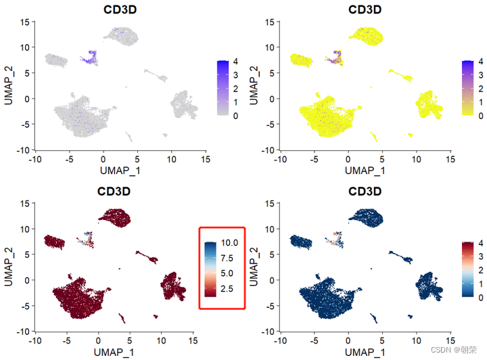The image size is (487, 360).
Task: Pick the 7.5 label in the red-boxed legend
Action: pyautogui.click(x=228, y=258)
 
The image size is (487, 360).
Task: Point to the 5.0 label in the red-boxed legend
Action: pyautogui.click(x=228, y=273)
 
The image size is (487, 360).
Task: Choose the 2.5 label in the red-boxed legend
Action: pyautogui.click(x=228, y=288)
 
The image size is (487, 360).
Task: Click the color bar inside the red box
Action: pyautogui.click(x=211, y=266)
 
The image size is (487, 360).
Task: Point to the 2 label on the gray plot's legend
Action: pyautogui.click(x=234, y=89)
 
